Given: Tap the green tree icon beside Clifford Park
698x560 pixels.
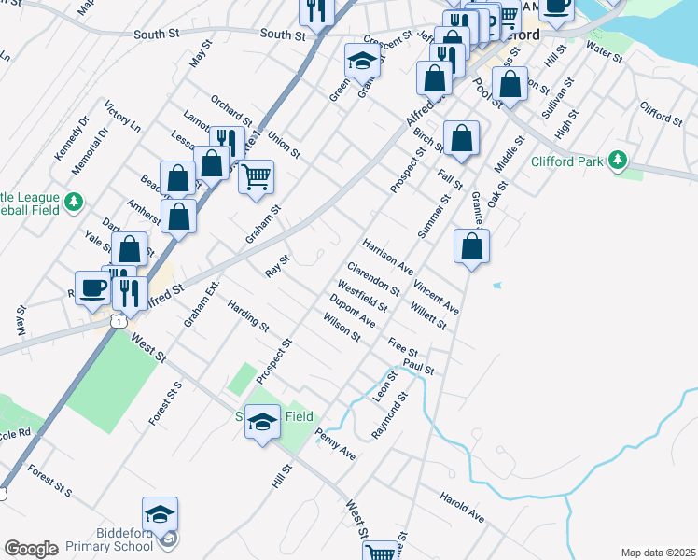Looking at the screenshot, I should [617, 161].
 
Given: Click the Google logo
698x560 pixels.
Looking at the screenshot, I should [31, 549].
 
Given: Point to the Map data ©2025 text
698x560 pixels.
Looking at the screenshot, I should [658, 553].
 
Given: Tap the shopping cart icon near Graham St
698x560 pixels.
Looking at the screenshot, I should [256, 175].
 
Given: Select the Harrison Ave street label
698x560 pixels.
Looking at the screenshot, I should [388, 254].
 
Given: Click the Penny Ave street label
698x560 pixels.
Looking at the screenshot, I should [336, 445].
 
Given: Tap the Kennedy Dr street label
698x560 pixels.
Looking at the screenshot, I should [70, 137].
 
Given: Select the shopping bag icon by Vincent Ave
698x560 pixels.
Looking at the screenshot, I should [471, 247].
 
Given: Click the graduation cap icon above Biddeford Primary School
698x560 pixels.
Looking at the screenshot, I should [160, 513].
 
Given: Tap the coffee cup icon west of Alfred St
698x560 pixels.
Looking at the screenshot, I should [92, 287].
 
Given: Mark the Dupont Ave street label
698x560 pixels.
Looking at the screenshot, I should [352, 310].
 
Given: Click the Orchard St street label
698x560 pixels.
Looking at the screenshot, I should [231, 109].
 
